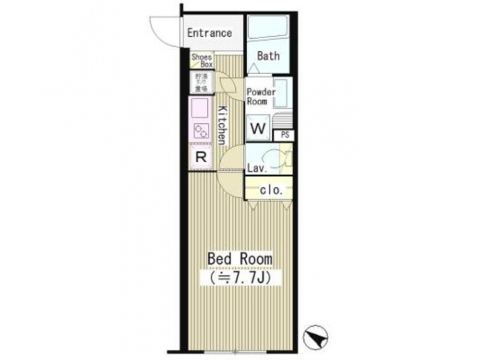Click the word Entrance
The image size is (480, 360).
tap(209, 33)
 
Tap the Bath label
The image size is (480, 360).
tap(268, 56)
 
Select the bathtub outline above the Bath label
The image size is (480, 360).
tap(268, 29)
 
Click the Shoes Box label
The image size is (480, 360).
tap(202, 61)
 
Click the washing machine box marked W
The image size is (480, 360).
tap(258, 126)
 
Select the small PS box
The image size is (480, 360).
tap(285, 135)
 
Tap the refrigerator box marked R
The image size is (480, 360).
tap(200, 157)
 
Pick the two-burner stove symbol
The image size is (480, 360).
tap(200, 129)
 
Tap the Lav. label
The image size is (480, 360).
tap(257, 168)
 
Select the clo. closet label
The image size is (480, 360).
tap(270, 189)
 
